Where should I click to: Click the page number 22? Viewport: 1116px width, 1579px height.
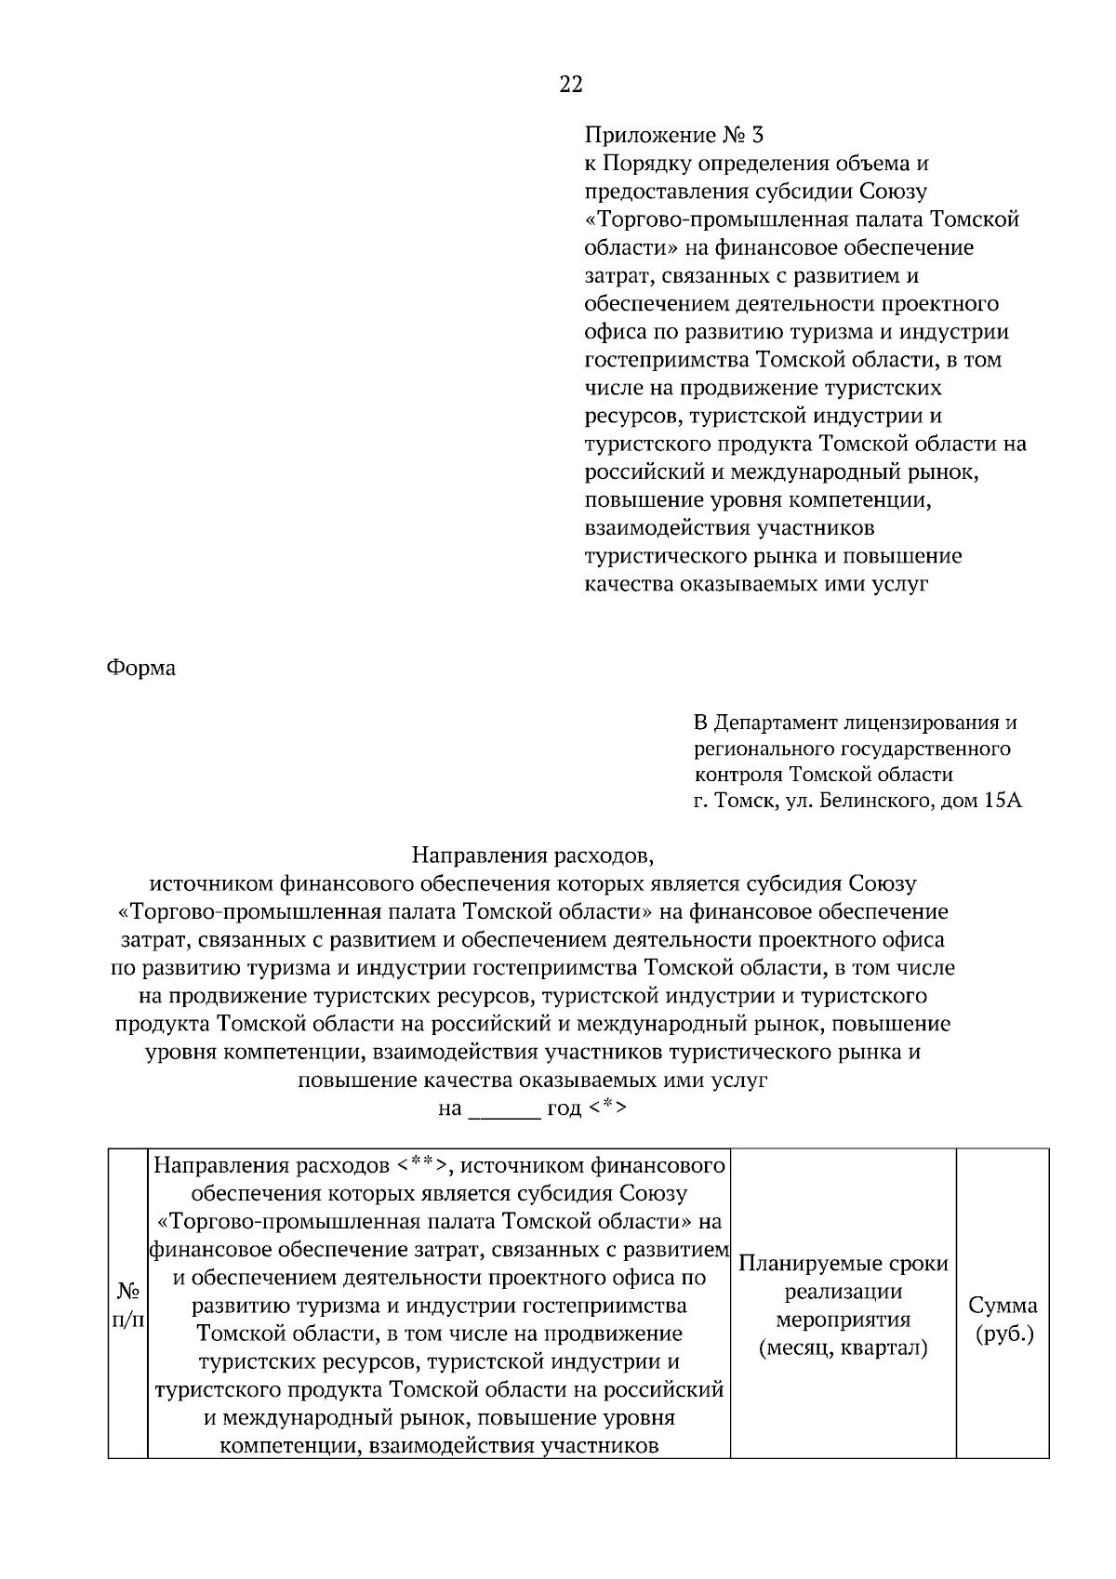click(x=571, y=86)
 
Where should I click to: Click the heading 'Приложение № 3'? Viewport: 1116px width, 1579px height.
click(x=673, y=136)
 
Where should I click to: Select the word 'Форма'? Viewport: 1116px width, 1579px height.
click(x=141, y=668)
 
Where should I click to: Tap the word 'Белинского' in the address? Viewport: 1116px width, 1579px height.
click(x=874, y=801)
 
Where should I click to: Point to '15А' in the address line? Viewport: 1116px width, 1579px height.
click(x=1001, y=801)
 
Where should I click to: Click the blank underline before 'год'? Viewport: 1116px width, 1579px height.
click(x=504, y=1109)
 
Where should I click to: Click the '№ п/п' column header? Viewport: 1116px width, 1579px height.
click(x=128, y=1307)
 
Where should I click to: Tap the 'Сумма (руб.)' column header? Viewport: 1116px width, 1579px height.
click(x=1003, y=1320)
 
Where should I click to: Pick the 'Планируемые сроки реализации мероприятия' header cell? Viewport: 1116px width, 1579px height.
click(x=843, y=1292)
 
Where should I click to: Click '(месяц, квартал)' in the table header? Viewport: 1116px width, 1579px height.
click(x=843, y=1348)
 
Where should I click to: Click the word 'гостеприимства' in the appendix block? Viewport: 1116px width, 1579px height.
click(x=668, y=361)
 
